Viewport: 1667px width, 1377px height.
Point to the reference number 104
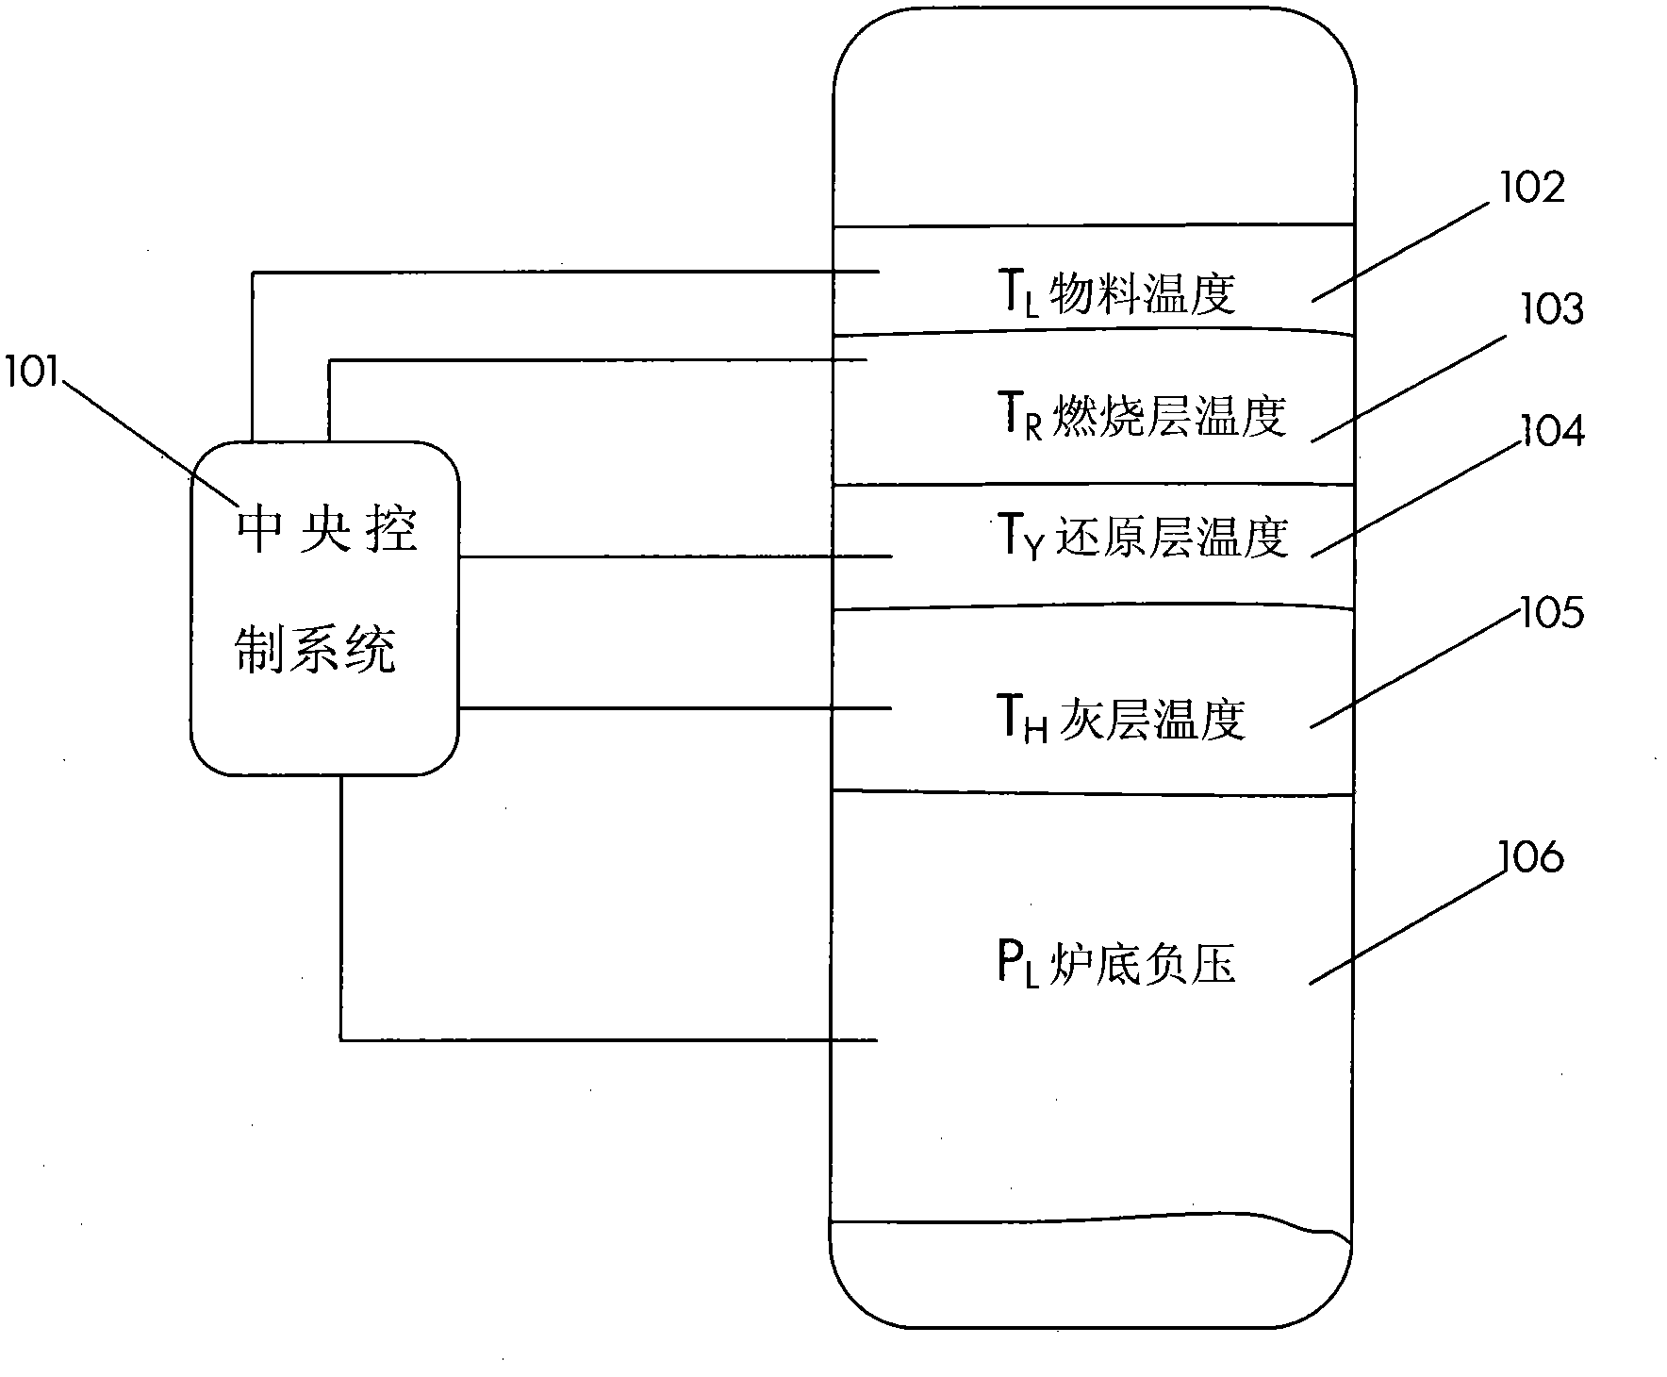1552,431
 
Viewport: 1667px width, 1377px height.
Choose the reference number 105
1551,613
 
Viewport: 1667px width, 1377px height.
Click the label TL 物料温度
1116,294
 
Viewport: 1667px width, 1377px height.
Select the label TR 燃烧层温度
1142,416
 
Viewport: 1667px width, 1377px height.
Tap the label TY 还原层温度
1142,539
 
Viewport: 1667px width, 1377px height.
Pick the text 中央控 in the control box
326,530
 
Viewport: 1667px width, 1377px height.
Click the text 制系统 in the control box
315,650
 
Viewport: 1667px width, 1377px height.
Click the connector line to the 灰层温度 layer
674,708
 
